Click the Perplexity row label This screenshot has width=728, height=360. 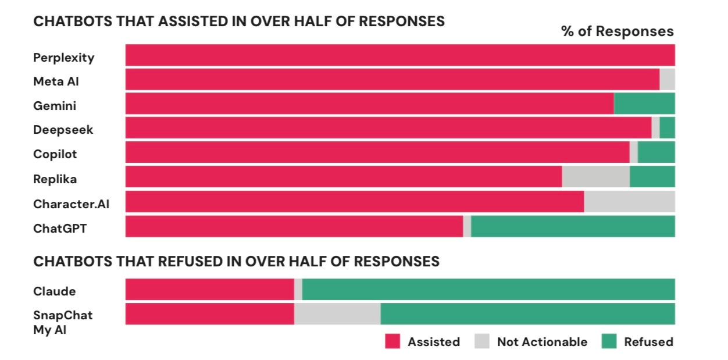coord(63,58)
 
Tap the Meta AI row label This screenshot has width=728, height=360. coord(56,81)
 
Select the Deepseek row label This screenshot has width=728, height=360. coord(63,130)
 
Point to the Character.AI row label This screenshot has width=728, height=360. coord(71,204)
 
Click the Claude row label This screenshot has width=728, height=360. coord(54,291)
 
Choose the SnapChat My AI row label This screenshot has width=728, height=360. coord(63,322)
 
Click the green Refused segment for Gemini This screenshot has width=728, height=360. coord(644,104)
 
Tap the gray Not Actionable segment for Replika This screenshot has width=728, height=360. coord(595,177)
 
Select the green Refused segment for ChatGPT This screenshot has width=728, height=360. coord(573,226)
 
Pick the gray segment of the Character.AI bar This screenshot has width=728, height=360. coord(629,201)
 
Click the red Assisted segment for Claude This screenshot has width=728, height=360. coord(209,290)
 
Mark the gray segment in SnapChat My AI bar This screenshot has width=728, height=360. coord(337,314)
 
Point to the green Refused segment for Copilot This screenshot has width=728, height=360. coord(656,152)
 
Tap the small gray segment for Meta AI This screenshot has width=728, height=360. coord(667,79)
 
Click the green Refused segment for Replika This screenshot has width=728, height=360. coord(652,177)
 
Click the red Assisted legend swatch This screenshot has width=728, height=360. coord(392,341)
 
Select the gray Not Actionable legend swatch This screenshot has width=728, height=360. coord(482,341)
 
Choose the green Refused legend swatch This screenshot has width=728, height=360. coord(608,341)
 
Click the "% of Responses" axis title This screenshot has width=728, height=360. coord(617,31)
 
